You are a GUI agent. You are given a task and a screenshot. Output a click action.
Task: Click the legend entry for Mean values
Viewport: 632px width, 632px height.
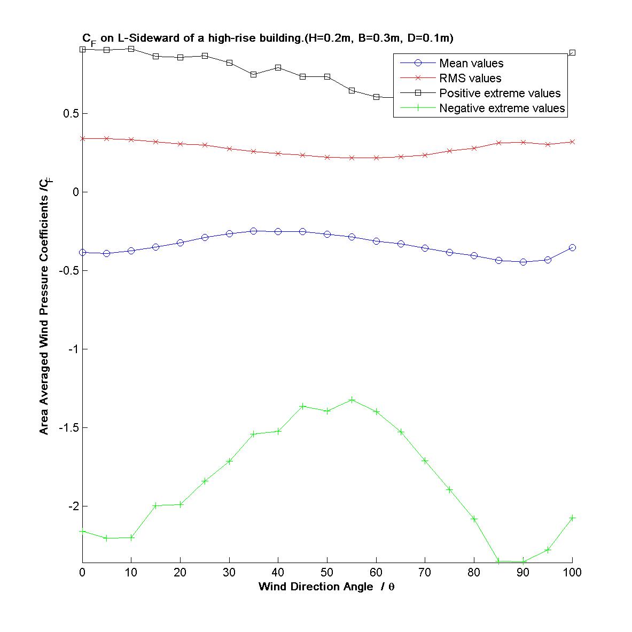[x=471, y=64]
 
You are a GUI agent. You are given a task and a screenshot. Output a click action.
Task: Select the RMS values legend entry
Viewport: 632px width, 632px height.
[x=470, y=79]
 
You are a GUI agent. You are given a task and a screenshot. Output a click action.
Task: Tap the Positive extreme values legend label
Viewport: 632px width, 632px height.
[x=500, y=93]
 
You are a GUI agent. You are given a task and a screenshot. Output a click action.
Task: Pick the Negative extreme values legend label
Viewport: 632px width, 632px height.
[x=502, y=108]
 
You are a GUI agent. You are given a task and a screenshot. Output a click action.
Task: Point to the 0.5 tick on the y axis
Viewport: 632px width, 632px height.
[x=71, y=114]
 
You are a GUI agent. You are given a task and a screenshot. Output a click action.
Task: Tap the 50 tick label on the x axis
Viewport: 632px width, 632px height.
[x=327, y=573]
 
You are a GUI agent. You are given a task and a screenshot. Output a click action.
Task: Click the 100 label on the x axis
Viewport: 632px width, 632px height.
[x=572, y=573]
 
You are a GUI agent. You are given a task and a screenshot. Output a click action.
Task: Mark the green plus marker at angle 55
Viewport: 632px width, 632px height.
[x=352, y=400]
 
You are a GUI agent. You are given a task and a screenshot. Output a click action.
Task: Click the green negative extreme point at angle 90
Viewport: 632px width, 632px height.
[x=523, y=561]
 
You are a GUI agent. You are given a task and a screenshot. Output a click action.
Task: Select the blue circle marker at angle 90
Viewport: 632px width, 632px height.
[x=523, y=262]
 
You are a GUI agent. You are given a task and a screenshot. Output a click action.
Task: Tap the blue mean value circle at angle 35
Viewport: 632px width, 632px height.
[x=254, y=231]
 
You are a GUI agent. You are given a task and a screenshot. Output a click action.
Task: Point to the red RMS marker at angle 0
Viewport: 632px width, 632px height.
[x=83, y=138]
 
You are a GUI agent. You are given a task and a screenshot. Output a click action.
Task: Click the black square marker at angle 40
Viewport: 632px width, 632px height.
[x=278, y=68]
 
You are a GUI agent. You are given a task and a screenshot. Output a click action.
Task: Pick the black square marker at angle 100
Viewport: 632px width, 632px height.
[x=572, y=53]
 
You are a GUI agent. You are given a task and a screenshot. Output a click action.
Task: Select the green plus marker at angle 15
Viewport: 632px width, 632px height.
[x=156, y=505]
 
